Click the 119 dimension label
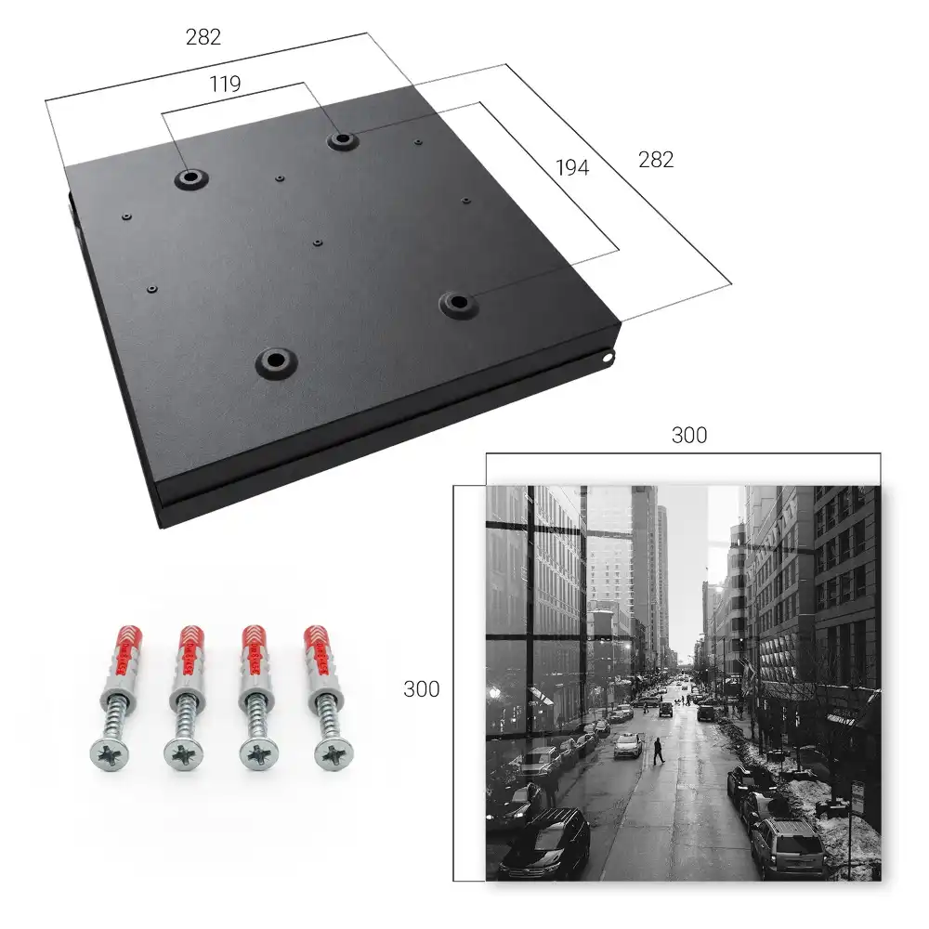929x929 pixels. pos(225,85)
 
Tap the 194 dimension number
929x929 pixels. pos(572,167)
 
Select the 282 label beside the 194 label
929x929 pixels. pos(656,160)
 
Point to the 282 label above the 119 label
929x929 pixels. pos(203,37)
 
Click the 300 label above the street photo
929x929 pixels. pos(689,435)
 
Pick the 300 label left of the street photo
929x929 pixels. pos(421,689)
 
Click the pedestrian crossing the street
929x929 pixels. pos(659,751)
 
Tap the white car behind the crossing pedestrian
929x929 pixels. pos(628,745)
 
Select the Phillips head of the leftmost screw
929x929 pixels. pos(110,754)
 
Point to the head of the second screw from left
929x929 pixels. pos(184,754)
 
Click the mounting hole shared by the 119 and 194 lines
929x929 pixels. pos(341,140)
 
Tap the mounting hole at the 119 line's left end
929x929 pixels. pos(190,177)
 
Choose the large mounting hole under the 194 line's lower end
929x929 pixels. pos(457,304)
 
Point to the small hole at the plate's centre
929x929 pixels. pos(318,242)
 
